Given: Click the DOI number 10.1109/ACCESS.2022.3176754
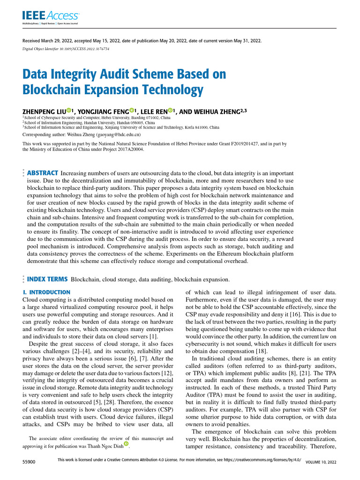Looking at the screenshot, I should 86,48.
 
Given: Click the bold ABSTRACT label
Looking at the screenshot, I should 43,173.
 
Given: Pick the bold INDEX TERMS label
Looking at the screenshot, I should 47,279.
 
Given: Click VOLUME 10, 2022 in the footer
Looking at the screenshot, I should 321,462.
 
